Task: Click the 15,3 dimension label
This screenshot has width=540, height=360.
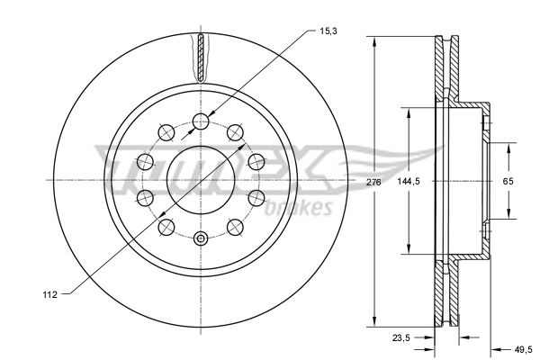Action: click(328, 31)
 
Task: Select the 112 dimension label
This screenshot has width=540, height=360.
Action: click(49, 294)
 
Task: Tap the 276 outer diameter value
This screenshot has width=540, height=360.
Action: click(373, 182)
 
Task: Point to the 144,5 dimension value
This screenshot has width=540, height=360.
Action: click(409, 181)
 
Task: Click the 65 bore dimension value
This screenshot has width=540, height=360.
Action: click(508, 181)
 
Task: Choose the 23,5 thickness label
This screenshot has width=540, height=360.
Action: click(401, 338)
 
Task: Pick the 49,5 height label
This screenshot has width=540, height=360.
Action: click(524, 350)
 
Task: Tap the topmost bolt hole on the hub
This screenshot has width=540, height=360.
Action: click(201, 121)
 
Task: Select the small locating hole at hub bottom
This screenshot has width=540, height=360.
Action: click(201, 238)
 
